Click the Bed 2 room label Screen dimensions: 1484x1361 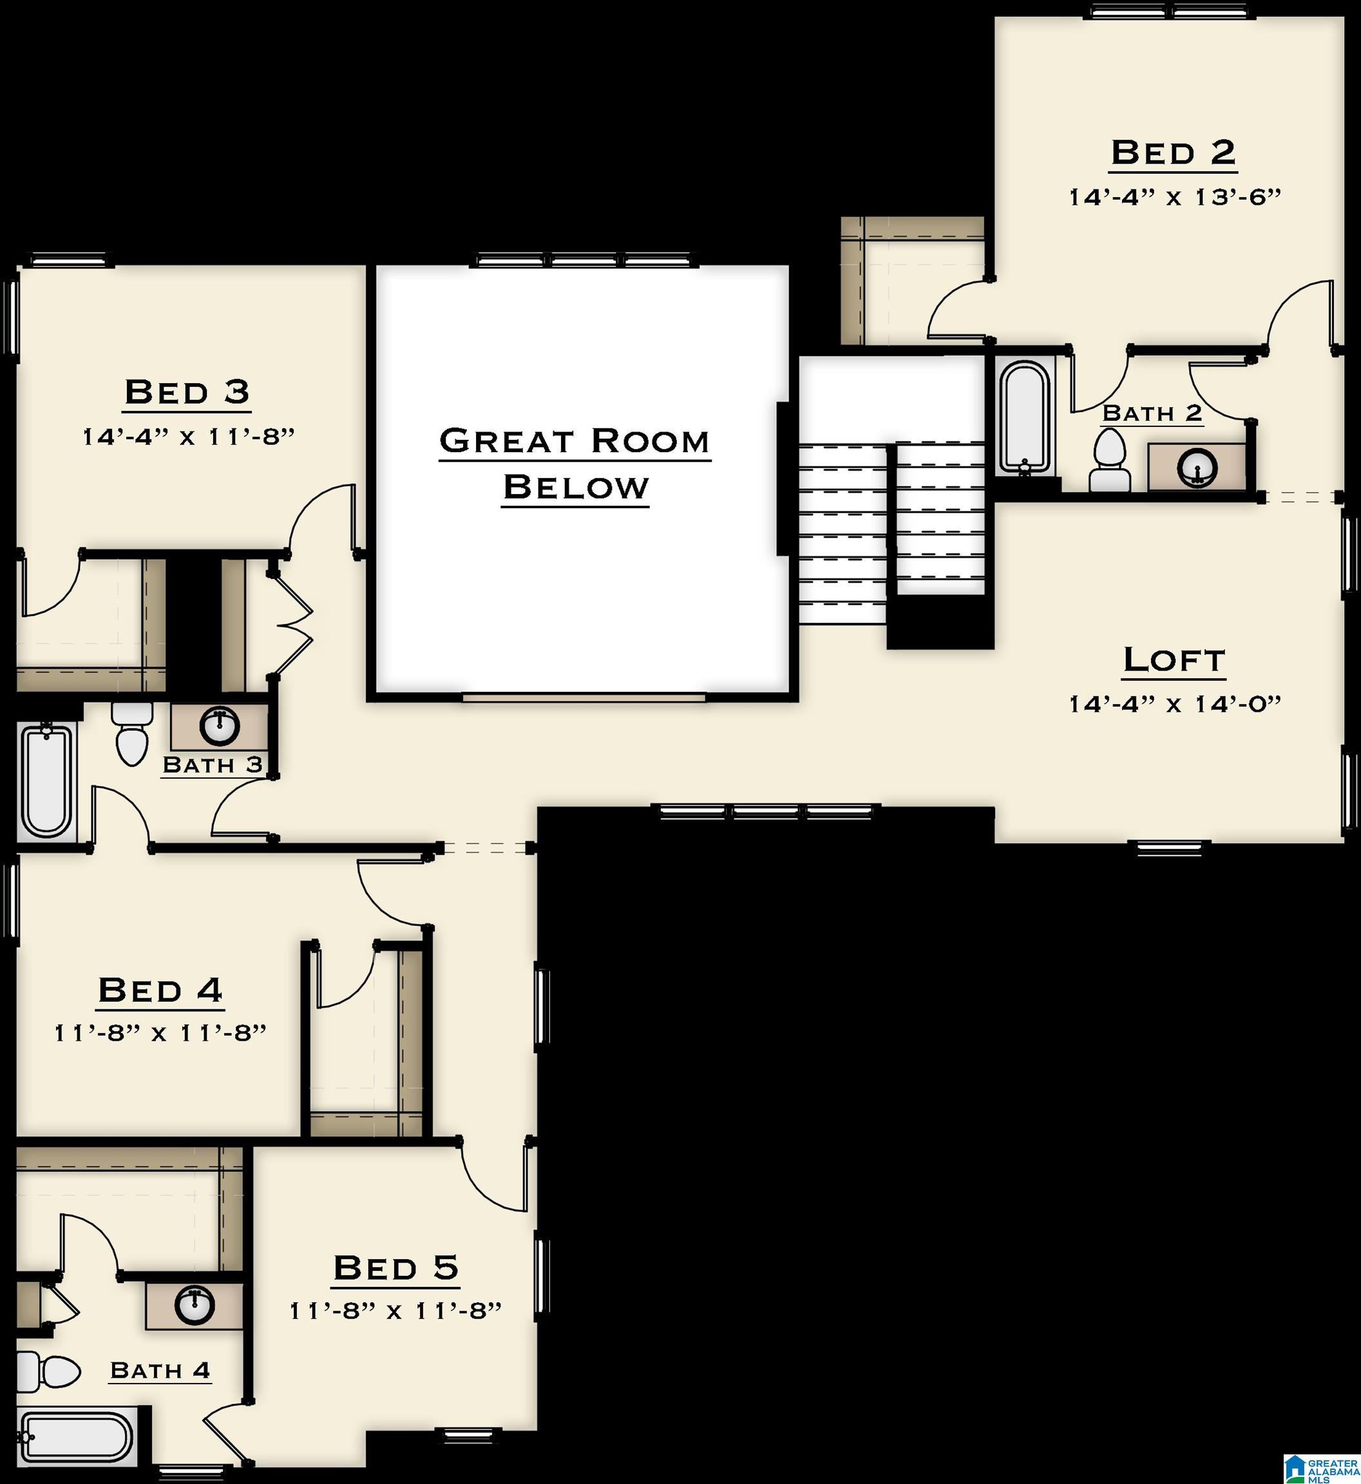coord(1173,153)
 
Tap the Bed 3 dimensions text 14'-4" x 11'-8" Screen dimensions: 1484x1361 coord(189,437)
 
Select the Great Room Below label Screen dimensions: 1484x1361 coord(575,464)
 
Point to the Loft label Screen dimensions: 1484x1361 coord(1174,660)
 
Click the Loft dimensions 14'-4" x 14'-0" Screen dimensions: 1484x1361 coord(1175,704)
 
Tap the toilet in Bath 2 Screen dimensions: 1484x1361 coord(1110,461)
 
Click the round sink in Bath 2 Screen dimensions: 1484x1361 coord(1197,467)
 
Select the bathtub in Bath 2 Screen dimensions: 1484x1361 coord(1024,420)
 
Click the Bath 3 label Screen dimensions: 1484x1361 coord(212,765)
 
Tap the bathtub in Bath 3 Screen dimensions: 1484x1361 coord(47,780)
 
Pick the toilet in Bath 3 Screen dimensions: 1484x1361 coord(132,732)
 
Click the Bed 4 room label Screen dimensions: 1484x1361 coord(160,990)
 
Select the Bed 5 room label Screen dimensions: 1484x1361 coord(395,1268)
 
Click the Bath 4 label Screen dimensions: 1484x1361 coord(160,1371)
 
